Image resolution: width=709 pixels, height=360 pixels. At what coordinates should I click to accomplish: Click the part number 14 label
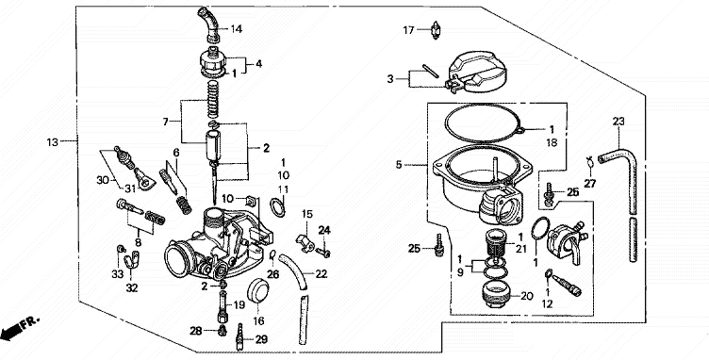(x=237, y=29)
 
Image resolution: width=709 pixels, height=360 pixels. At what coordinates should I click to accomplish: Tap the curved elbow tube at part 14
(x=208, y=24)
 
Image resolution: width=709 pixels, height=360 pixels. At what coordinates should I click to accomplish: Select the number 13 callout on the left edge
(x=53, y=142)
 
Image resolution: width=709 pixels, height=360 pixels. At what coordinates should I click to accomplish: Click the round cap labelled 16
(x=258, y=293)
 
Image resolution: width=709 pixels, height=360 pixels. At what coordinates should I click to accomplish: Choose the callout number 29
(x=261, y=339)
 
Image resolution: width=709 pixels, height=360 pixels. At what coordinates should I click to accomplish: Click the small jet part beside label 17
(x=435, y=30)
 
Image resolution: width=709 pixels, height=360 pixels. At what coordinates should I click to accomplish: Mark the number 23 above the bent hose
(x=618, y=121)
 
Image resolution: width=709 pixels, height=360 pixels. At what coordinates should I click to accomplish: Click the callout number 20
(x=527, y=296)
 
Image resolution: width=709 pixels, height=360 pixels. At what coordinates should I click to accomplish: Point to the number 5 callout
(x=399, y=165)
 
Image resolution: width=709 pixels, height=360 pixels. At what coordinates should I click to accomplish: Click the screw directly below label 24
(x=323, y=252)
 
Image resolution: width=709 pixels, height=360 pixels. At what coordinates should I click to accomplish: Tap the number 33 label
(x=118, y=273)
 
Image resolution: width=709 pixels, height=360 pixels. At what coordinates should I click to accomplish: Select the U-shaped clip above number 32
(x=132, y=260)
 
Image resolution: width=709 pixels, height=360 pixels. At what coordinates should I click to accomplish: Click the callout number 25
(x=414, y=249)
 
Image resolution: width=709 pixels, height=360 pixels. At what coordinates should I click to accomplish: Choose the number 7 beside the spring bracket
(x=166, y=122)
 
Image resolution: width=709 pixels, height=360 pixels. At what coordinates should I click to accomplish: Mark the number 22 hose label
(x=322, y=273)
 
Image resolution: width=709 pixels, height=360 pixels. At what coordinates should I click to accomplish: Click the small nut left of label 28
(x=222, y=331)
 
